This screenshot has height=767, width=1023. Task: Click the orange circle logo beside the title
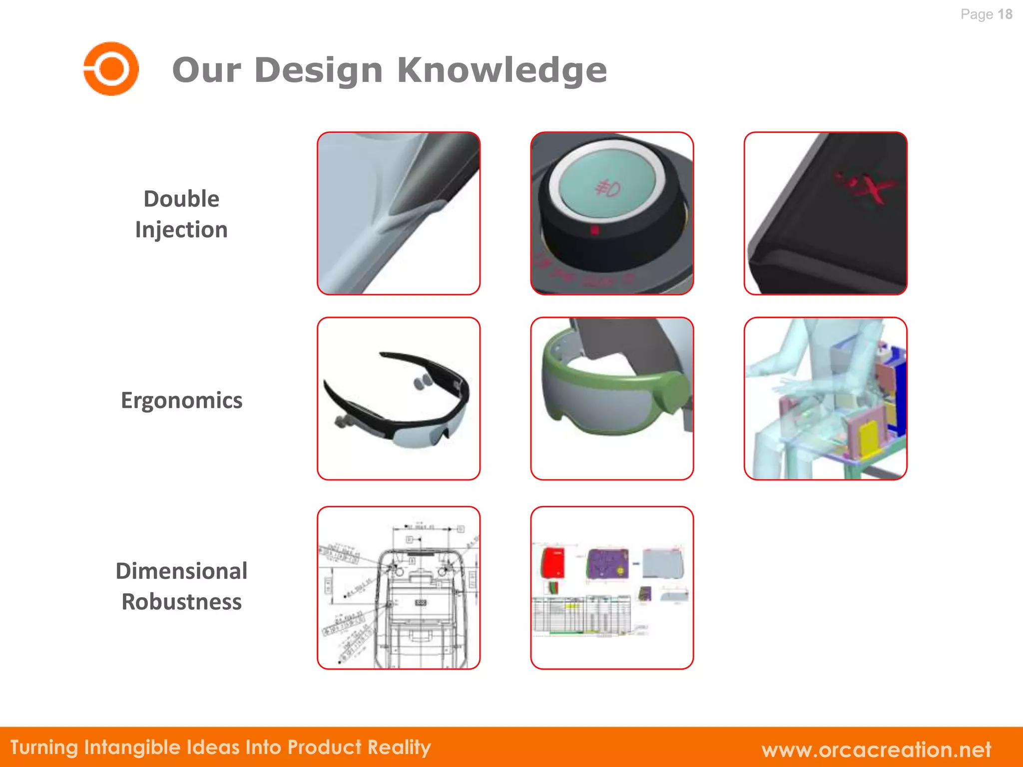coord(111,69)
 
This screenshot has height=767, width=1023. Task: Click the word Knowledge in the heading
coord(502,70)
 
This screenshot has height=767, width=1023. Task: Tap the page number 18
coord(1005,14)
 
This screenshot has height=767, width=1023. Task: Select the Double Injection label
coord(181,214)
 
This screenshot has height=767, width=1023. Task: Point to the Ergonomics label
coord(181,400)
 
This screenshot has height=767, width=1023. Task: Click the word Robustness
coord(181,602)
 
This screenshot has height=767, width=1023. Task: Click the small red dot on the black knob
coord(594,231)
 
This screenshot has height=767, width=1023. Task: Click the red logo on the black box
coord(867,187)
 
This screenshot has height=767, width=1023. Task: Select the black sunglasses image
coord(398,398)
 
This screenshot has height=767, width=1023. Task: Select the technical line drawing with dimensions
coord(398,588)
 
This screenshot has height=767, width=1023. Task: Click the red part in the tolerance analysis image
coord(553,563)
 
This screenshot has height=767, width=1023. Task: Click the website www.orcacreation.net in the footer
coord(876,750)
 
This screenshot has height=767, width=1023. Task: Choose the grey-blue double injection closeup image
coord(398,213)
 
